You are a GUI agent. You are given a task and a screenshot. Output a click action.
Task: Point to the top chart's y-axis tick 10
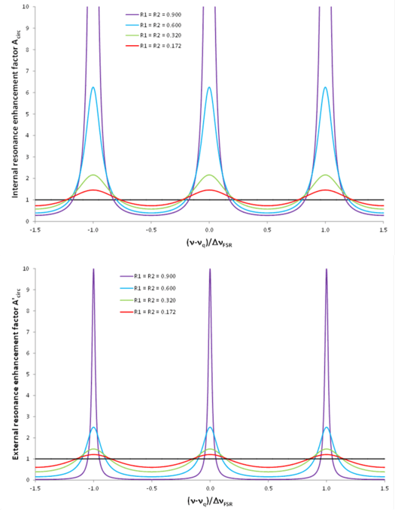[x=27, y=8]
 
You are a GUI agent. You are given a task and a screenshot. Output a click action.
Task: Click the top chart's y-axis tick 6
[x=29, y=93]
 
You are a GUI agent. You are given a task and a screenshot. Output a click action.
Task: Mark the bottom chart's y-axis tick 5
[x=29, y=375]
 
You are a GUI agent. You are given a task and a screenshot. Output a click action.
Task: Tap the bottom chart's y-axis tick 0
[x=29, y=480]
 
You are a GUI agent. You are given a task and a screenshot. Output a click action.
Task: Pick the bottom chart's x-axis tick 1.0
[x=325, y=488]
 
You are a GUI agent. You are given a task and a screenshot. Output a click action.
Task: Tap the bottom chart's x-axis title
[x=209, y=500]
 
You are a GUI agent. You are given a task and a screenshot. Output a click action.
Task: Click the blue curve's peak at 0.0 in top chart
[x=209, y=87]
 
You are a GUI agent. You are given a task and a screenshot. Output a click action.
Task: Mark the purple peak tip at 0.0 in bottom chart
[x=210, y=269]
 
